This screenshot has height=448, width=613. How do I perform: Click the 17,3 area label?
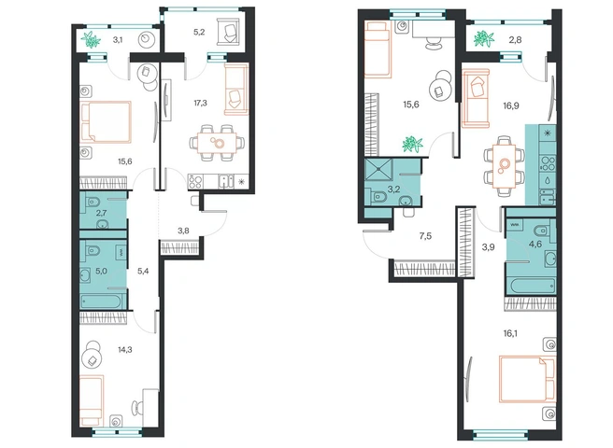coord(200,103)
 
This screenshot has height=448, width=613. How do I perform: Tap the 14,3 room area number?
coord(125,350)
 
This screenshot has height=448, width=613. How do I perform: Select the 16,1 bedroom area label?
coord(511,333)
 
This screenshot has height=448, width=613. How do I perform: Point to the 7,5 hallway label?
coord(425,236)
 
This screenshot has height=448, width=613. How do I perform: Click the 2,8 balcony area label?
coord(516,39)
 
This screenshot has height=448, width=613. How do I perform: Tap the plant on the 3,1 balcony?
coord(91,39)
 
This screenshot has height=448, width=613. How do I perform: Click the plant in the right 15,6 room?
coord(413,144)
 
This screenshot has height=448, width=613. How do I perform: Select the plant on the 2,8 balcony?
coord(483,39)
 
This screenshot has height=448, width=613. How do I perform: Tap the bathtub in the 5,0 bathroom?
coord(103,301)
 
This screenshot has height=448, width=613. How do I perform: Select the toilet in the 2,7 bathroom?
coord(93,202)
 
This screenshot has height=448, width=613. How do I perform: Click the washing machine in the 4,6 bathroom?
coord(515,225)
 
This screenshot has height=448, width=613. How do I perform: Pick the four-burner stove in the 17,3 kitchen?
coord(196,182)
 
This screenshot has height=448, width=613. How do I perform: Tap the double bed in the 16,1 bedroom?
coord(527,379)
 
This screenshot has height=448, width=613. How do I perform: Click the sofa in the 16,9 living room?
coord(476,98)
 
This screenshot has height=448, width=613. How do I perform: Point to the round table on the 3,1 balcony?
coord(148,39)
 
